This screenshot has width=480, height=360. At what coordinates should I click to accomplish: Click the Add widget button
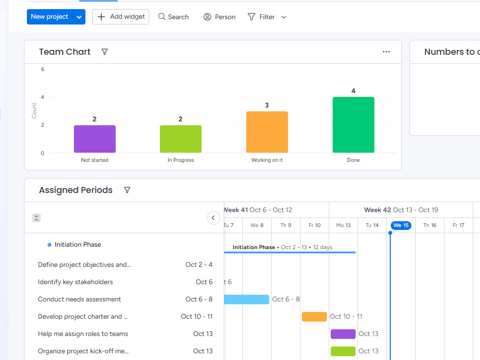pyautogui.click(x=120, y=17)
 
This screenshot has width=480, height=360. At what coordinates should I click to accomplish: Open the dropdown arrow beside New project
pyautogui.click(x=79, y=17)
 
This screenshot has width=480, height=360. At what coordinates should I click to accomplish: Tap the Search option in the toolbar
pyautogui.click(x=173, y=17)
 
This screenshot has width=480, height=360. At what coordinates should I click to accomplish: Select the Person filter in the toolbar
pyautogui.click(x=219, y=17)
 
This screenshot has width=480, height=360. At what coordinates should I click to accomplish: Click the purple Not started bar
pyautogui.click(x=95, y=139)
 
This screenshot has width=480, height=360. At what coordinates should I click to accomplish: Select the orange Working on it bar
pyautogui.click(x=267, y=132)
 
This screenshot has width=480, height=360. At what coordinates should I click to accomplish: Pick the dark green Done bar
pyautogui.click(x=353, y=125)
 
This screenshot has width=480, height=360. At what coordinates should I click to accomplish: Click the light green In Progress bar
pyautogui.click(x=180, y=139)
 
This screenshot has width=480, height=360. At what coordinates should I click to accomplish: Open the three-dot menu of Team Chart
pyautogui.click(x=386, y=52)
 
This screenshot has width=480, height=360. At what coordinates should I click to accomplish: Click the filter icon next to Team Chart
pyautogui.click(x=105, y=52)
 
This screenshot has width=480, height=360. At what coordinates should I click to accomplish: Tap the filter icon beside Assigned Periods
pyautogui.click(x=127, y=190)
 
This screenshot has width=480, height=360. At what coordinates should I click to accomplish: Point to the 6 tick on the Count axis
pyautogui.click(x=43, y=69)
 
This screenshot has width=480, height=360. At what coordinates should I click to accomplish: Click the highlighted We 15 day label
pyautogui.click(x=401, y=225)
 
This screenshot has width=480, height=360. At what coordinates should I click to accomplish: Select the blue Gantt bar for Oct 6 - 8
pyautogui.click(x=246, y=300)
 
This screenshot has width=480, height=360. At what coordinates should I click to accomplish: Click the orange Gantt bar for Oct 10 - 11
pyautogui.click(x=314, y=316)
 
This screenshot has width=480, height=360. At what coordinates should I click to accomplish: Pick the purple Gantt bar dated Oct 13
pyautogui.click(x=343, y=334)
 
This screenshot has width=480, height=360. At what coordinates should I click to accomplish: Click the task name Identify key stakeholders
pyautogui.click(x=75, y=282)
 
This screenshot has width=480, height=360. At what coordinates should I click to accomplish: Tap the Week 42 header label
pyautogui.click(x=377, y=210)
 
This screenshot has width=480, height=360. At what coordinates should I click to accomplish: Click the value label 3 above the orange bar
pyautogui.click(x=267, y=105)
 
